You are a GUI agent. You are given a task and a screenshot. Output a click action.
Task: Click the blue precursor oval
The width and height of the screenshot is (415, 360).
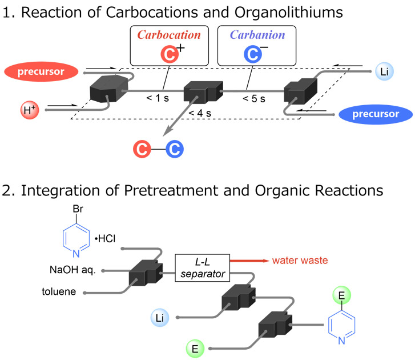(x=374, y=114)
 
